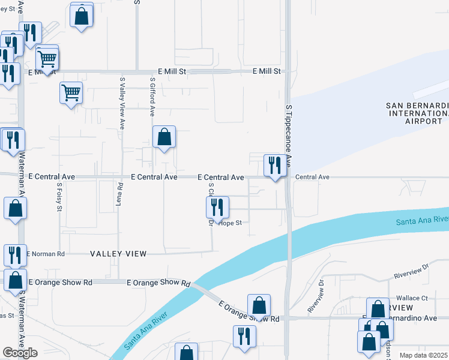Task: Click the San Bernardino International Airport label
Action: pos(418,113)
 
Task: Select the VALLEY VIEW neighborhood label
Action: pos(118,254)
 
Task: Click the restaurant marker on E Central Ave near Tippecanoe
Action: pos(276,165)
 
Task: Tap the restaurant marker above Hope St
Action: pos(217,207)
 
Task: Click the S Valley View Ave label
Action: pos(122,103)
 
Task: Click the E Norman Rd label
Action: pos(46,254)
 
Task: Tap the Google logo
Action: pos(20,353)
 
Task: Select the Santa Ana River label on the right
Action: pos(422,221)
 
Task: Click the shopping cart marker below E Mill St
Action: pos(71,93)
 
